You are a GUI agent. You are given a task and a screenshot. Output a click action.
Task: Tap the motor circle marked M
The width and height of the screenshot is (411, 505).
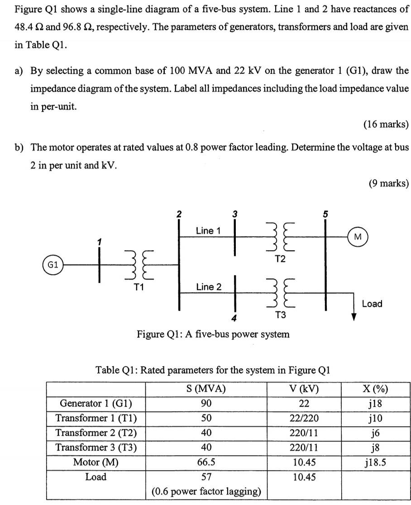pyautogui.click(x=358, y=236)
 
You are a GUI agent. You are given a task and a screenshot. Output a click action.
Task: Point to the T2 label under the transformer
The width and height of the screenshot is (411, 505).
pyautogui.click(x=281, y=259)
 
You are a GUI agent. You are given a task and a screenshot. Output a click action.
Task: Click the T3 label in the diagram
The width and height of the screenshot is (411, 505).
pyautogui.click(x=281, y=315)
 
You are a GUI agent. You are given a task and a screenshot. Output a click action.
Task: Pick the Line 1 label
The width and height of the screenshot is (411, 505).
pyautogui.click(x=208, y=231)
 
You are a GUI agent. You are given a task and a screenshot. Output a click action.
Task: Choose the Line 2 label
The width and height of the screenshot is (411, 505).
pyautogui.click(x=208, y=287)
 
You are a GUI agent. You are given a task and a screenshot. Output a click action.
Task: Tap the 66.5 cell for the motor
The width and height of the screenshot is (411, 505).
pyautogui.click(x=206, y=462)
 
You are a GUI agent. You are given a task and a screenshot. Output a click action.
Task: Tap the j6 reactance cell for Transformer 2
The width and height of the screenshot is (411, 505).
pyautogui.click(x=375, y=433)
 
